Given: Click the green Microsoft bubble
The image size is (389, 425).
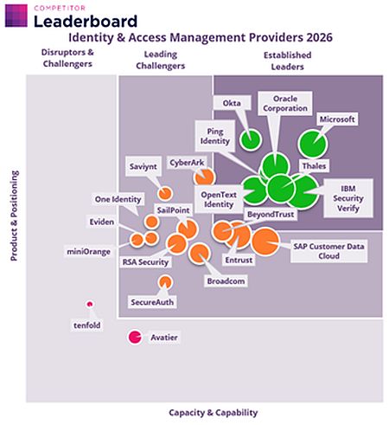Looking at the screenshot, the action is point(312,144).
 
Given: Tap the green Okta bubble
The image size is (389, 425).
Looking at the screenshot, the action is point(251,140).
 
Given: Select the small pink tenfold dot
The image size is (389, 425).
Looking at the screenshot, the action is point(90,304).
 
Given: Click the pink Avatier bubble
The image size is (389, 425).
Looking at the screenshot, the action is point(135,337).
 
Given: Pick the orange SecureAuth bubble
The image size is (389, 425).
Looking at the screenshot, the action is point(165,282).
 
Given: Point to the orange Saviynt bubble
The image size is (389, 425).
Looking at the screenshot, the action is point(165,193).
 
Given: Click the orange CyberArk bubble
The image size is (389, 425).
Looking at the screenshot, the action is point(204,177).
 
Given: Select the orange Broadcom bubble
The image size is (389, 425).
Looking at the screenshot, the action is point(199,254).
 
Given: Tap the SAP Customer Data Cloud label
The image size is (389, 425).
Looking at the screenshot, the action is point(328,251).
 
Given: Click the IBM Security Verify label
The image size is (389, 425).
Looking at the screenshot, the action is point(348,198).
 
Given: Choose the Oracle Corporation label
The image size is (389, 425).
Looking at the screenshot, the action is point(285,104).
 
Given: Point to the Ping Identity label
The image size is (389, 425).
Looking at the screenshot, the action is point(215,136).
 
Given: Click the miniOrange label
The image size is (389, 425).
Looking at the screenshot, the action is point(89,252).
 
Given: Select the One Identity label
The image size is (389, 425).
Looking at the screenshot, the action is point(118,199).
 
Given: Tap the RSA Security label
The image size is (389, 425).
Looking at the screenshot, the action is point(145,262).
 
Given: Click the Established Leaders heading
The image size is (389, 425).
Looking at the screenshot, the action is point(287,61).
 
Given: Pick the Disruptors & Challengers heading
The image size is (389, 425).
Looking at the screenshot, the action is point(67,58).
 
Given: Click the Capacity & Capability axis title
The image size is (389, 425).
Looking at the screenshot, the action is point(214,413).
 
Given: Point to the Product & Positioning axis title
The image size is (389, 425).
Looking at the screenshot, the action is point(14,216).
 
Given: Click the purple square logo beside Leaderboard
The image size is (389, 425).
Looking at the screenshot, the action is point(16,16).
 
